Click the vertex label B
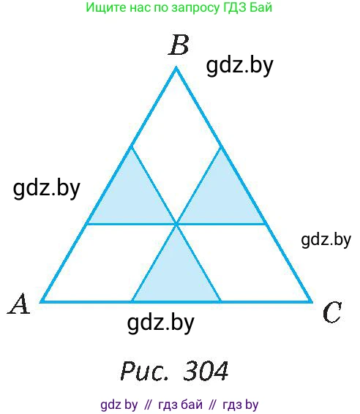click(179, 45)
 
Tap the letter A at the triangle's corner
click(19, 304)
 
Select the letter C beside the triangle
click(332, 312)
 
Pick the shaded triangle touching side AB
click(132, 198)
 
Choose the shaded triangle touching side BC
click(221, 198)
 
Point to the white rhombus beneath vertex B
click(176, 147)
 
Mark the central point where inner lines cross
click(176, 224)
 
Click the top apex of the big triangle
click(176, 68)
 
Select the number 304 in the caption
click(206, 370)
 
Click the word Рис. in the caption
click(144, 370)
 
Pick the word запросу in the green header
click(195, 8)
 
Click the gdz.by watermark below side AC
click(160, 323)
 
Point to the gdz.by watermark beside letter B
click(239, 66)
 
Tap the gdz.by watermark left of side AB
click(47, 189)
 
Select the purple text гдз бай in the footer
click(181, 404)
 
